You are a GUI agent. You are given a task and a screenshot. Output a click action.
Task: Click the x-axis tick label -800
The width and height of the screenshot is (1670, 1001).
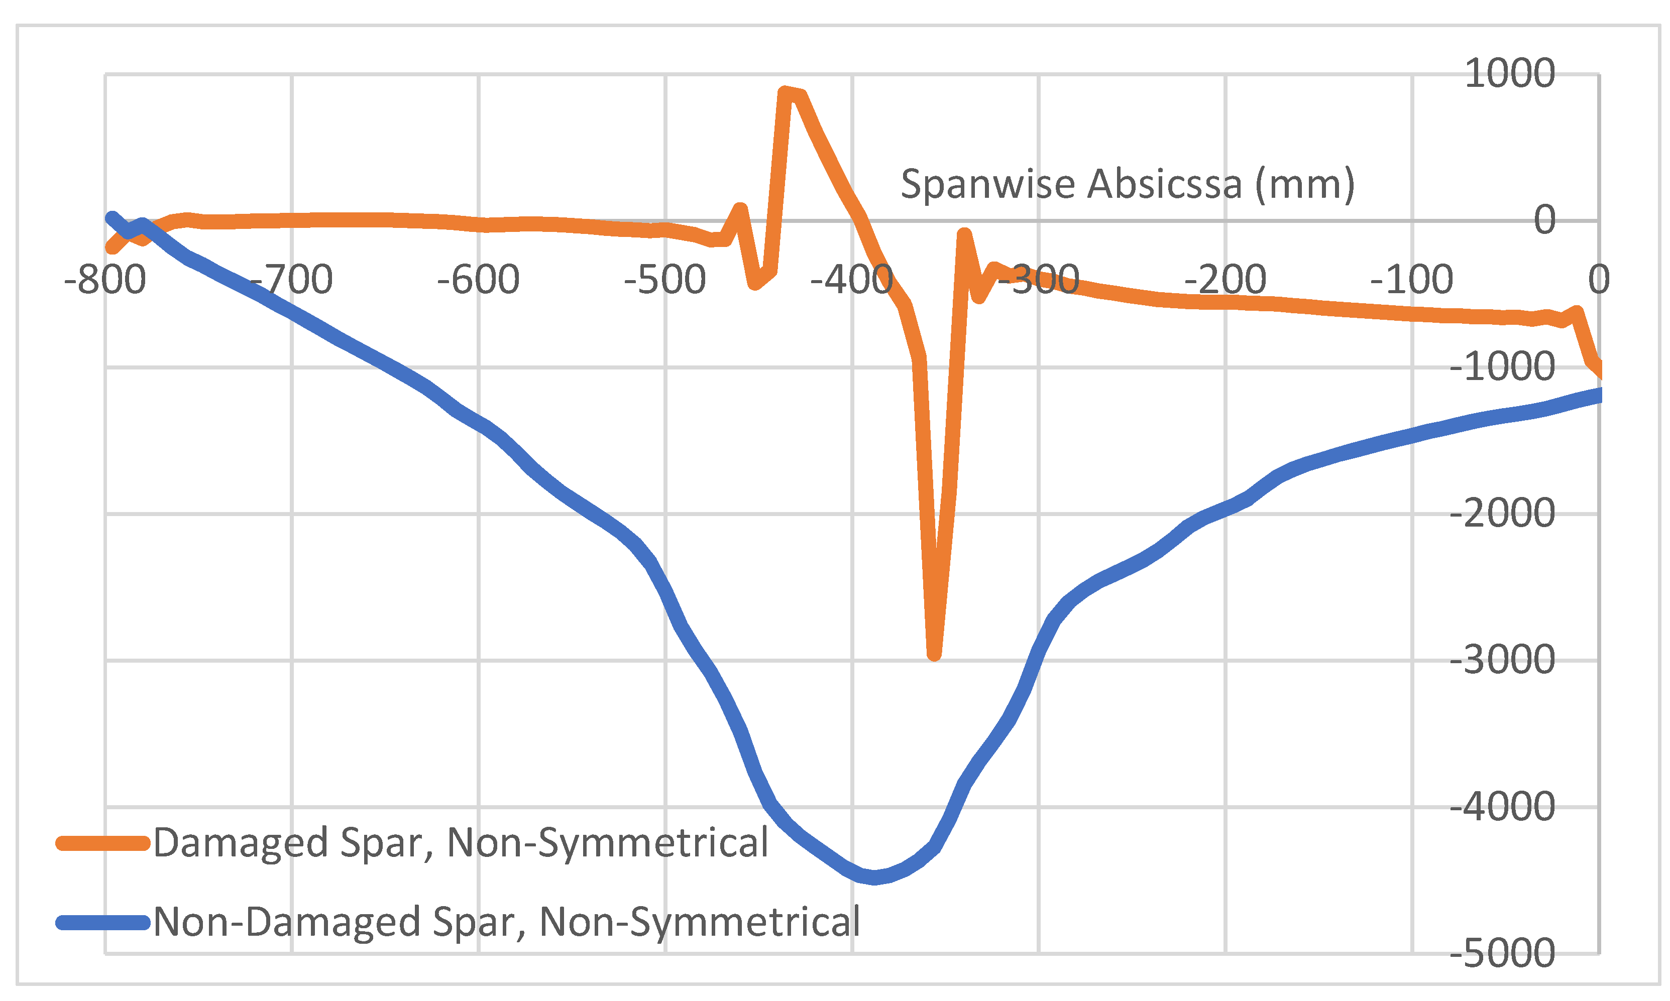click(x=105, y=280)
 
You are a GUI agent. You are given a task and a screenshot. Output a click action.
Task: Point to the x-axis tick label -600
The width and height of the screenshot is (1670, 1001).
click(x=478, y=280)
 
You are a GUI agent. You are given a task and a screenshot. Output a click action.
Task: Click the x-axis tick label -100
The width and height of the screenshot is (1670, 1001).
click(x=1411, y=280)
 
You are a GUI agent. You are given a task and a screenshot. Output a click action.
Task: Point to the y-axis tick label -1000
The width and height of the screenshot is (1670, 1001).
click(x=1502, y=367)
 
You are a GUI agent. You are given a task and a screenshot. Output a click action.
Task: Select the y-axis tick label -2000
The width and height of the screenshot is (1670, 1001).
click(x=1502, y=514)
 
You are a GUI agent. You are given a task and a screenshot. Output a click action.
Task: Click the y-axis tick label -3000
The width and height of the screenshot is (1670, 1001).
click(x=1502, y=660)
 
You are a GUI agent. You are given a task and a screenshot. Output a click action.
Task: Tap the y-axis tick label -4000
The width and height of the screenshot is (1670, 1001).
click(x=1502, y=806)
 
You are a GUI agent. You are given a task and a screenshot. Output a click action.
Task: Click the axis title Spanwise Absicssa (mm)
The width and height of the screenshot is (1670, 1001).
click(x=1128, y=184)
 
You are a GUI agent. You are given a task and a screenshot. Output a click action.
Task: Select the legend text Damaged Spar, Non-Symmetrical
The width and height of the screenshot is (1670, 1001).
click(x=461, y=843)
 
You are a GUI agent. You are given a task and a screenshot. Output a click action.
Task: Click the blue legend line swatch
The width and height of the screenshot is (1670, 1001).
click(x=102, y=923)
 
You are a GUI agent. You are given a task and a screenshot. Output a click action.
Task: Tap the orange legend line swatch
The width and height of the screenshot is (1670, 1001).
click(x=102, y=843)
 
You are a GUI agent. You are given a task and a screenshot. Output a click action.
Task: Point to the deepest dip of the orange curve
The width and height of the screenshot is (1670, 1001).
click(x=934, y=654)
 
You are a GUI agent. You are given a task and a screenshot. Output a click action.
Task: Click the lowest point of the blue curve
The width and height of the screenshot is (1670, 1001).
click(x=874, y=878)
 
